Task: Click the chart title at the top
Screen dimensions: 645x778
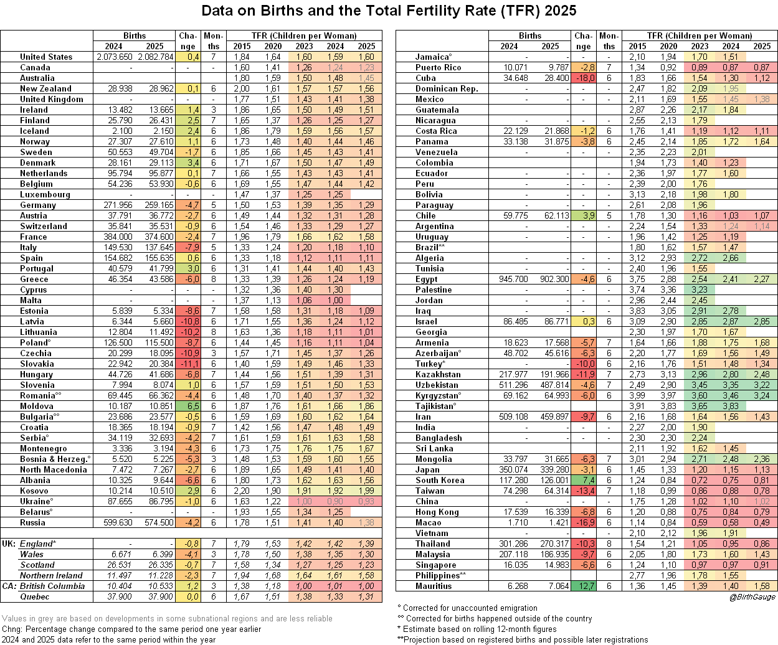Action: (x=389, y=11)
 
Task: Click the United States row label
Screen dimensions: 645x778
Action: (x=46, y=57)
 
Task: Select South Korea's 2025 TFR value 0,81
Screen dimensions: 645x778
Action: (x=762, y=480)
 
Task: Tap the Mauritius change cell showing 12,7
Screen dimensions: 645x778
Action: (x=583, y=586)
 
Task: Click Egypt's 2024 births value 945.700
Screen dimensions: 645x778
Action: (x=513, y=279)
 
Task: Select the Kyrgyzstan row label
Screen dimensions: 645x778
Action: (x=438, y=395)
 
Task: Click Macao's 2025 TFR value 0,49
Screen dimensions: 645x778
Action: (x=762, y=522)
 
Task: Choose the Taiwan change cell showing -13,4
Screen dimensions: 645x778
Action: (x=583, y=491)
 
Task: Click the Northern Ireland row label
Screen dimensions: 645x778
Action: (x=51, y=575)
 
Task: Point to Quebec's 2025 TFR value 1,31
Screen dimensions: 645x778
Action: (x=366, y=596)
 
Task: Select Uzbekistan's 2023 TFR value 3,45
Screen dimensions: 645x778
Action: (x=700, y=385)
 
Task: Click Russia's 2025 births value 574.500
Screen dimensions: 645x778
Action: (x=159, y=522)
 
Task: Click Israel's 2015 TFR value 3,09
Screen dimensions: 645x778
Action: (x=637, y=321)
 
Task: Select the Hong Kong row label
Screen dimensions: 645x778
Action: (x=437, y=512)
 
